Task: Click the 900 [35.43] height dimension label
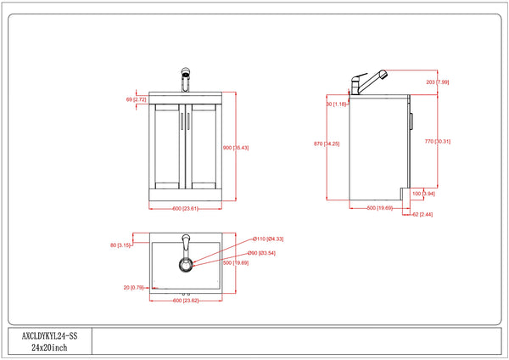[235, 149]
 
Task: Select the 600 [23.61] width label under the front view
[185, 208]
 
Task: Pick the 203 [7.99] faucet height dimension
[438, 82]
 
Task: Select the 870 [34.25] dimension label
[327, 144]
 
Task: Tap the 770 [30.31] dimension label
[437, 141]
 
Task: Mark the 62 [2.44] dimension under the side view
[422, 216]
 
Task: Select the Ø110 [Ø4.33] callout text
[269, 239]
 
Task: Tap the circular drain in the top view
[185, 265]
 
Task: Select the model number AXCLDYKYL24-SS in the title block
[49, 336]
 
